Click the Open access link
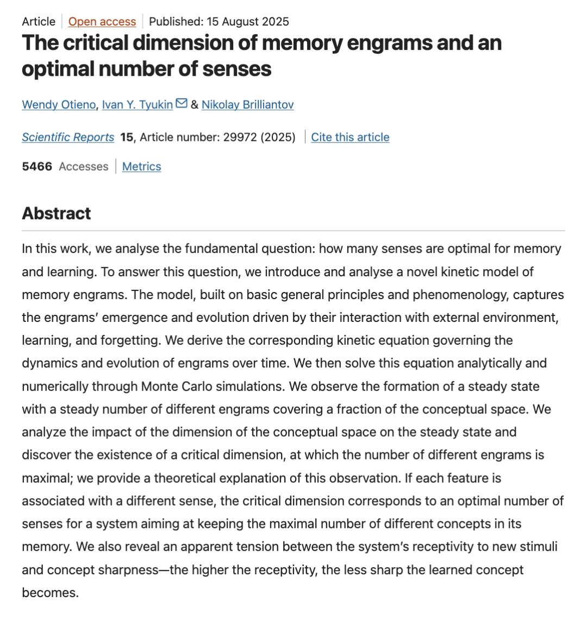(102, 22)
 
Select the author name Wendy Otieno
(59, 104)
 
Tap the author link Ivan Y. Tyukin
(138, 104)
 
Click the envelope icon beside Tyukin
(182, 103)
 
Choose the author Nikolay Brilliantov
(247, 104)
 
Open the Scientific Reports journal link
(68, 137)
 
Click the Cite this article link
(350, 137)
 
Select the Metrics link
(141, 166)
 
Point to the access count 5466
(37, 166)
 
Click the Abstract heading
(57, 213)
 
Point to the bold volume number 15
(127, 137)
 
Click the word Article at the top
(39, 22)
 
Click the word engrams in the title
(390, 43)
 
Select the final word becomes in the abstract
(50, 593)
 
